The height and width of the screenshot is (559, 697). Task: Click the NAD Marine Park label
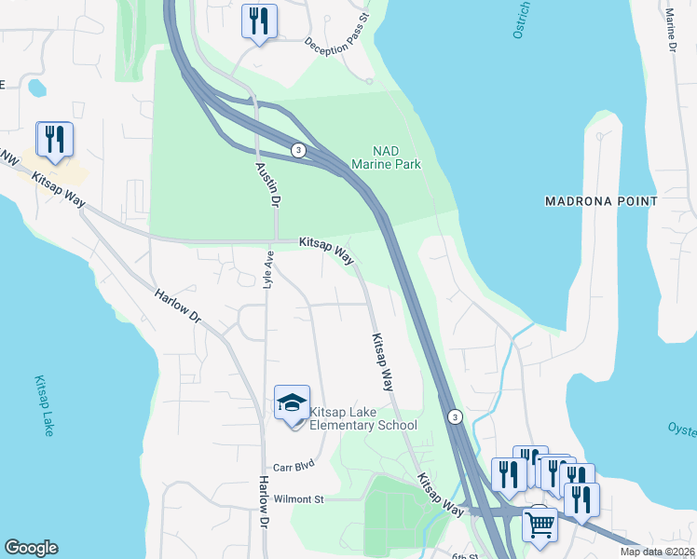[x=386, y=157]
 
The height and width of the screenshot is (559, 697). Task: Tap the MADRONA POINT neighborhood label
[x=601, y=201]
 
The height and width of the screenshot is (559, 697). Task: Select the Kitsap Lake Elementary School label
[x=362, y=418]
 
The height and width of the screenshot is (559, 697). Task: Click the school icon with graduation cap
[x=292, y=403]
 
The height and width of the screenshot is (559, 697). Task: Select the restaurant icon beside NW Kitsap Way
[x=53, y=139]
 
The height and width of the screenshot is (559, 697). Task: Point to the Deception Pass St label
[x=337, y=30]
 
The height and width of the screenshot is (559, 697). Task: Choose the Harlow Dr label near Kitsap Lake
[x=177, y=306]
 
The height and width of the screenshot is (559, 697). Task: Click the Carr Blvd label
[x=294, y=466]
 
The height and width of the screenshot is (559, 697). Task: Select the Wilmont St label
[x=297, y=499]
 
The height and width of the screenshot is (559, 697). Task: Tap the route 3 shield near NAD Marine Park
[x=297, y=150]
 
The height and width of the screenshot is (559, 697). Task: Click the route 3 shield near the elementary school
[x=454, y=416]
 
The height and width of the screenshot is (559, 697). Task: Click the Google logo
[x=31, y=548]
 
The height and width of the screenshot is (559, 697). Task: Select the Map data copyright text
[x=658, y=552]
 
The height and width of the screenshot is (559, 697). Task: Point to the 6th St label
[x=464, y=556]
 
